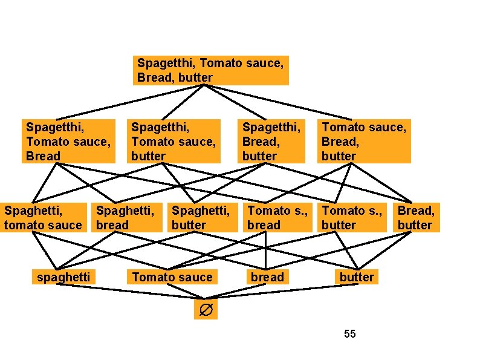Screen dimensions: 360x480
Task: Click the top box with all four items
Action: pyautogui.click(x=210, y=70)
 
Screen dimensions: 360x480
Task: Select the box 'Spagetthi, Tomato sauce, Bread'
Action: pyautogui.click(x=68, y=141)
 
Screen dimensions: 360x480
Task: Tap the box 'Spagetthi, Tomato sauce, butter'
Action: pyautogui.click(x=174, y=141)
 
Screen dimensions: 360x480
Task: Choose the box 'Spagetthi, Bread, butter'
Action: pyautogui.click(x=271, y=141)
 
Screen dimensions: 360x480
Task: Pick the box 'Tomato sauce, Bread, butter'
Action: pyautogui.click(x=364, y=141)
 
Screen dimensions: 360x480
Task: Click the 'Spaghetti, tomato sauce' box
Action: pyautogui.click(x=43, y=218)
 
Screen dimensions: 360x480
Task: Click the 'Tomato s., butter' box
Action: pyautogui.click(x=351, y=218)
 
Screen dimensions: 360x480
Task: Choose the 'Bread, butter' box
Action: pyautogui.click(x=417, y=218)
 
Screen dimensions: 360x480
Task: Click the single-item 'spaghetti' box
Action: pyautogui.click(x=64, y=277)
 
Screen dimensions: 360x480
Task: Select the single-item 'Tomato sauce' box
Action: pyautogui.click(x=172, y=277)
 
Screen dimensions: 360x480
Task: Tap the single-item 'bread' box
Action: pyautogui.click(x=267, y=277)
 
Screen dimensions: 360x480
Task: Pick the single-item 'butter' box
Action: pyautogui.click(x=357, y=277)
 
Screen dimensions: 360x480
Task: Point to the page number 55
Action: pyautogui.click(x=349, y=333)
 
